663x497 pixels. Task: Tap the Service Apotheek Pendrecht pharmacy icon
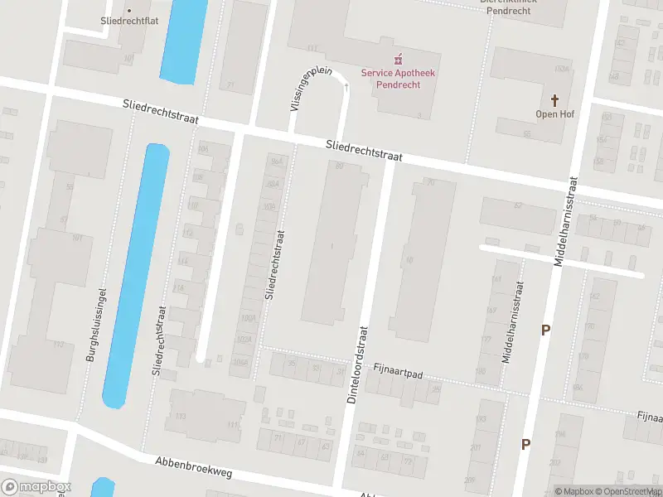[398, 59]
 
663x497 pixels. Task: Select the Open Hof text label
[555, 113]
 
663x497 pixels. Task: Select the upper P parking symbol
[545, 331]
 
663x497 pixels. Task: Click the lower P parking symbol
[525, 445]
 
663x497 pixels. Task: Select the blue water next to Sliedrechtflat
[184, 40]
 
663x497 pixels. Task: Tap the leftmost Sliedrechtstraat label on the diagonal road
[160, 113]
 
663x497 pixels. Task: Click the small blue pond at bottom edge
[103, 488]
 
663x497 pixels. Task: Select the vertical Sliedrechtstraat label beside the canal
[159, 341]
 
